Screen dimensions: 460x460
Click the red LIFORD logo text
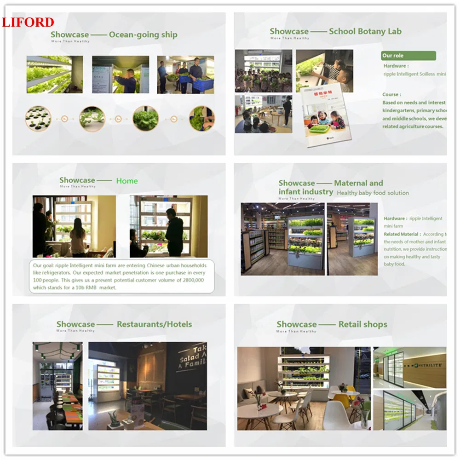click(28, 22)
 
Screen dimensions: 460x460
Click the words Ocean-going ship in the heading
click(143, 34)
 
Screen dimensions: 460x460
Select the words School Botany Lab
click(365, 31)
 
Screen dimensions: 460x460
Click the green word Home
click(126, 181)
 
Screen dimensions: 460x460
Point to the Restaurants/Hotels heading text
click(154, 324)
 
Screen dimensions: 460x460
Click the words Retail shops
click(362, 324)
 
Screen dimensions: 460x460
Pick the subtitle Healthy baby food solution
click(373, 193)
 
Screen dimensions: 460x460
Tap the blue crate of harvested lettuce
click(203, 84)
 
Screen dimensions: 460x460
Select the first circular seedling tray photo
click(38, 118)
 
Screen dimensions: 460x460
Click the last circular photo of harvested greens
click(201, 118)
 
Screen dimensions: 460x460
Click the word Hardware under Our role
click(395, 66)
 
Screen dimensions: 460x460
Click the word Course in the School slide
click(391, 94)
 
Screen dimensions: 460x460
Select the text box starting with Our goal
click(122, 276)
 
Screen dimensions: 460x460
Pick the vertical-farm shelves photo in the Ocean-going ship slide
click(54, 75)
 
